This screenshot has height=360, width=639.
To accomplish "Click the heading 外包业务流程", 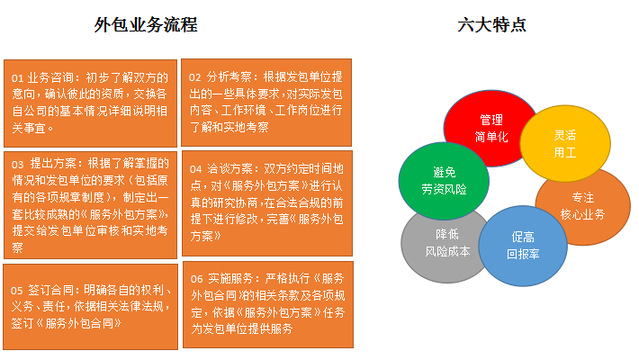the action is (146, 25).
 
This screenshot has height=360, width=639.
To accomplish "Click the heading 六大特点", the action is (491, 25).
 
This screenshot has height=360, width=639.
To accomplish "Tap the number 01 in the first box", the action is (17, 78).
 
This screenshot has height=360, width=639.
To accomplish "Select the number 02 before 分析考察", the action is (194, 77).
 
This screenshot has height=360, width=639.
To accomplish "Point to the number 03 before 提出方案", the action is (17, 165).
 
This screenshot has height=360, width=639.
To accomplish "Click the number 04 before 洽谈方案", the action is (195, 169).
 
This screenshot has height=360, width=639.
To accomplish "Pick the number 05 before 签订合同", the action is (17, 291).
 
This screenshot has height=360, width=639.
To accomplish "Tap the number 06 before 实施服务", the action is (196, 279).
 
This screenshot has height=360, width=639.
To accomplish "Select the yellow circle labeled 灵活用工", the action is (565, 143).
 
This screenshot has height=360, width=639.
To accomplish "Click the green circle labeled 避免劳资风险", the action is (444, 181).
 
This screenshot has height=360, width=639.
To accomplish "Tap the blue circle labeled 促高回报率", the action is (523, 246).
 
